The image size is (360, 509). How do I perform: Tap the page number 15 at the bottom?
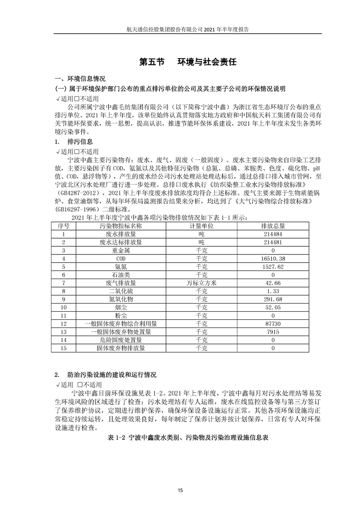pyautogui.click(x=180, y=490)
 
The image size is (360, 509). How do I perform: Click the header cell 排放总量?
pyautogui.click(x=273, y=225)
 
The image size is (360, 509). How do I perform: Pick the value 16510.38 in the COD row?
pyautogui.click(x=273, y=258)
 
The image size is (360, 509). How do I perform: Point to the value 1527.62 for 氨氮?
pyautogui.click(x=273, y=266)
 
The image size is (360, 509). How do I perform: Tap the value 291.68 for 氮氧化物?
pyautogui.click(x=273, y=299)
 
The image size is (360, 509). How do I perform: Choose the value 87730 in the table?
pyautogui.click(x=273, y=323)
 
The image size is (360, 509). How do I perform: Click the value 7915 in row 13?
pyautogui.click(x=273, y=332)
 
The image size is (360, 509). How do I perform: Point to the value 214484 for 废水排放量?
pyautogui.click(x=273, y=234)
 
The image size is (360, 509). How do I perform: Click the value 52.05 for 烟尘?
pyautogui.click(x=273, y=307)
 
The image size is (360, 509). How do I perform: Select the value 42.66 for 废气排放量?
pyautogui.click(x=273, y=283)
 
